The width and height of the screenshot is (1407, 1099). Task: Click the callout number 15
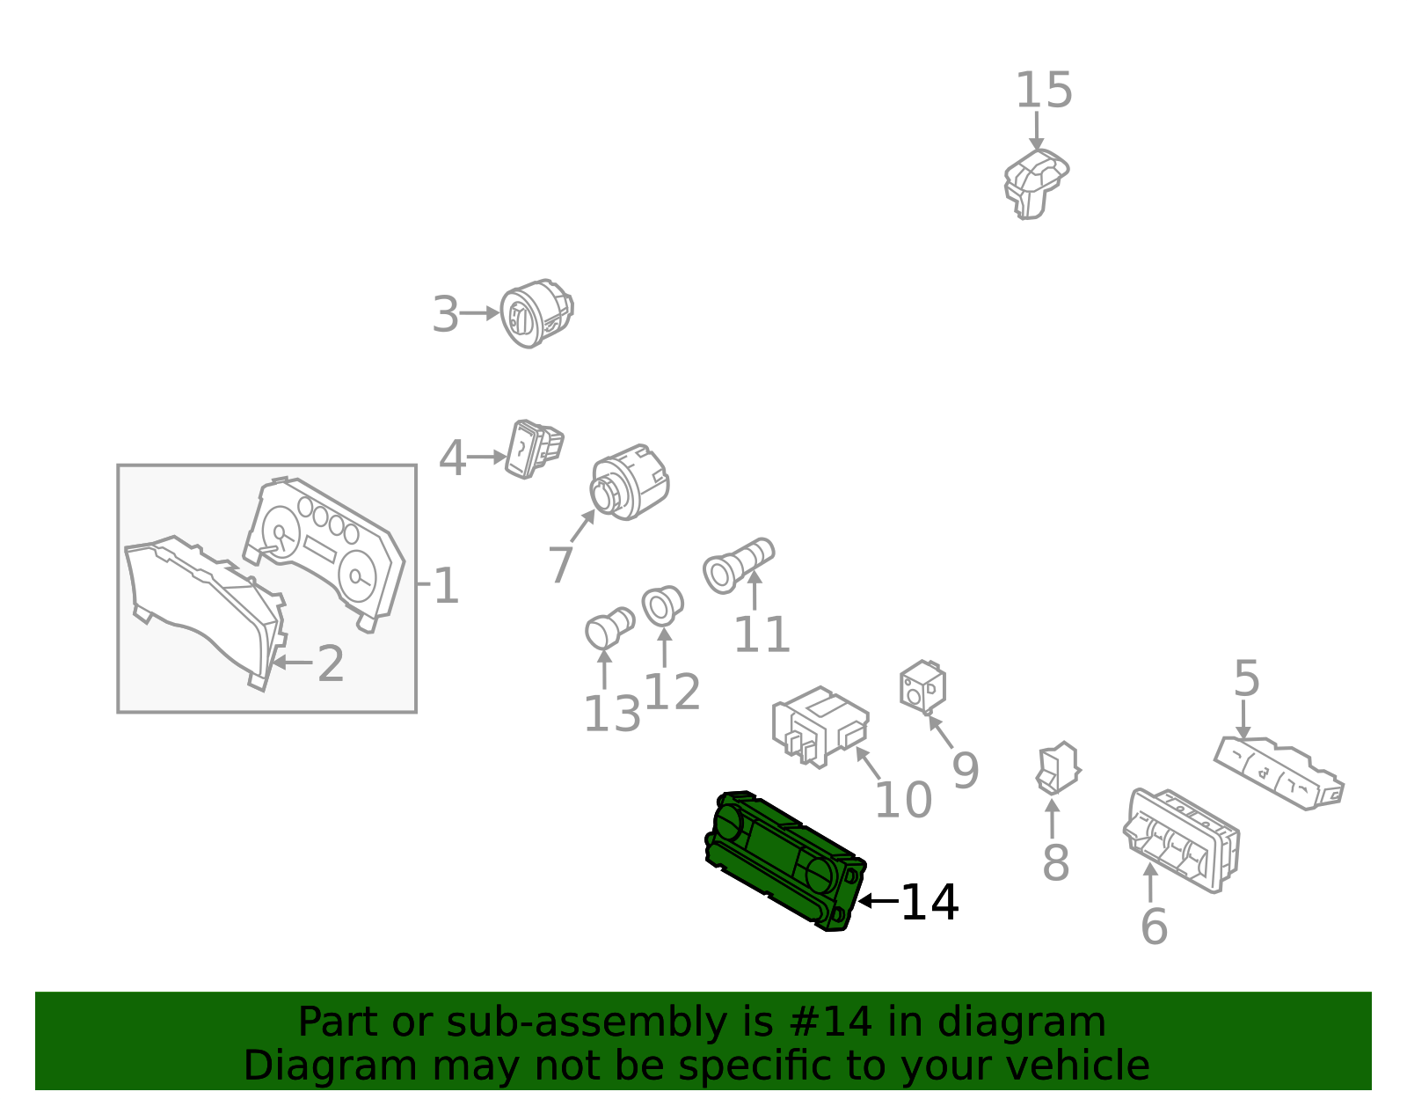click(1044, 90)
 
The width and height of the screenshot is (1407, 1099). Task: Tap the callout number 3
click(446, 314)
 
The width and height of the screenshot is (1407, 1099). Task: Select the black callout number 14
click(929, 903)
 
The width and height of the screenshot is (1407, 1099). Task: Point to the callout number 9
click(966, 771)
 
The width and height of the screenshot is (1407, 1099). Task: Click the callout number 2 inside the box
click(331, 663)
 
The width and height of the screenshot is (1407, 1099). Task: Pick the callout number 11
click(762, 634)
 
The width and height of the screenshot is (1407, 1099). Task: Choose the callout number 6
click(1154, 927)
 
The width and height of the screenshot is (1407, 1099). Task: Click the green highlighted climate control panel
click(785, 861)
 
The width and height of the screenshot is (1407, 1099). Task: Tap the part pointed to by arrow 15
click(1036, 184)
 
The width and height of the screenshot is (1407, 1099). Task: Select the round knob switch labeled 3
click(536, 314)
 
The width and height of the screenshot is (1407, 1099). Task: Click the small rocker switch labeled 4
click(534, 450)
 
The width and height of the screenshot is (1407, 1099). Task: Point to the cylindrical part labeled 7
click(630, 482)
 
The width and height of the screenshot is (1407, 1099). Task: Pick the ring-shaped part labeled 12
click(662, 606)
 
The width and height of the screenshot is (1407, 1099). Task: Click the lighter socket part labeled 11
click(738, 566)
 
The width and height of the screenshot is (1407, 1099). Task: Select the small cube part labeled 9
click(922, 687)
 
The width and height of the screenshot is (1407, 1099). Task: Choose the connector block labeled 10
click(820, 728)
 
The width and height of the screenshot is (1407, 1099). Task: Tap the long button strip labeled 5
click(1279, 773)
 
